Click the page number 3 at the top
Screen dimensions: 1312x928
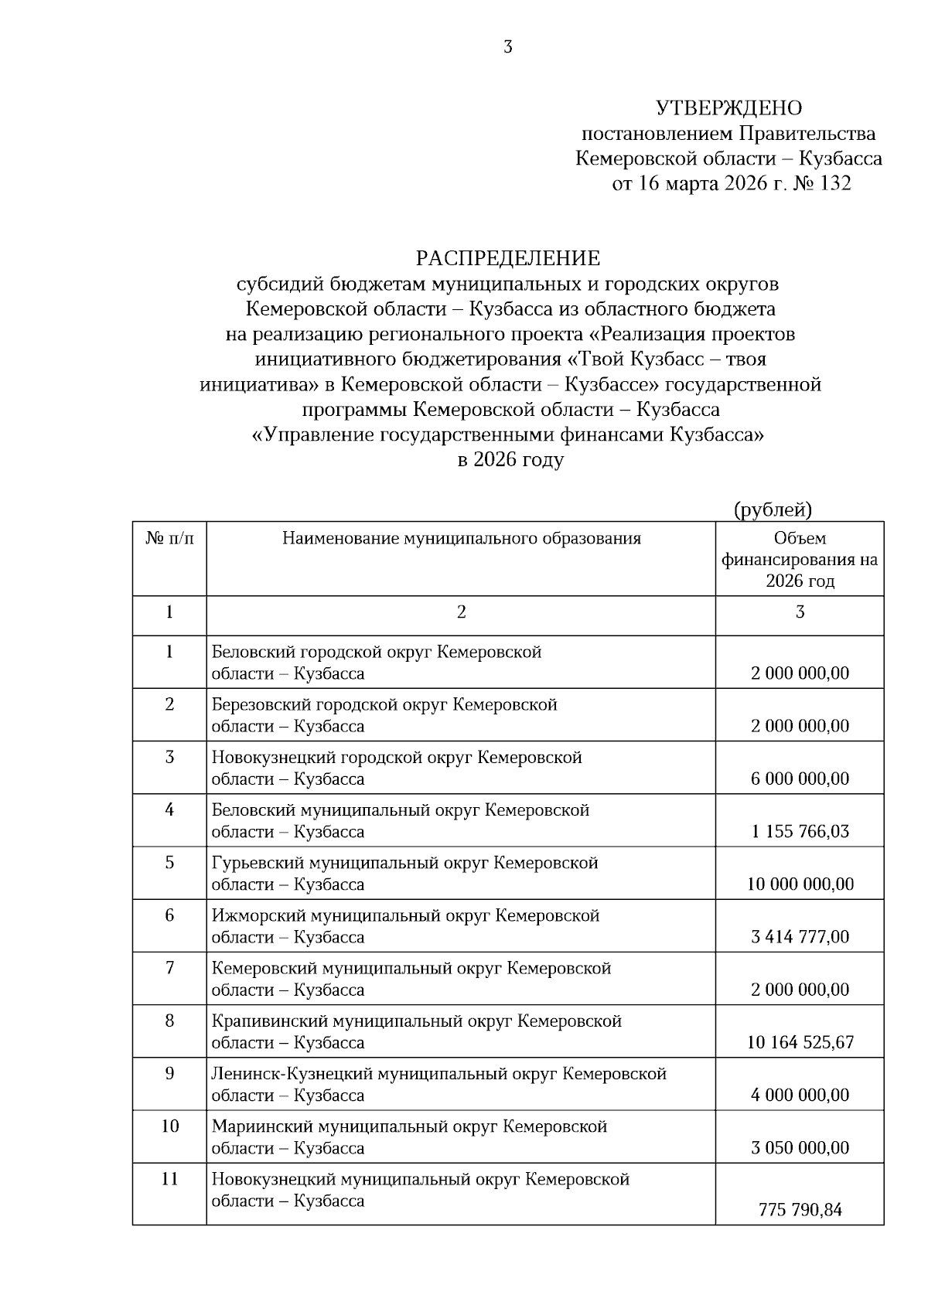pos(508,47)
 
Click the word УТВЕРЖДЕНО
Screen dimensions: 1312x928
pos(728,108)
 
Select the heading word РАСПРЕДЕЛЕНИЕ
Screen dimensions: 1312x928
pos(507,257)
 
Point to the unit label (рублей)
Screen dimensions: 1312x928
pos(772,509)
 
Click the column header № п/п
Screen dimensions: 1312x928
pos(169,538)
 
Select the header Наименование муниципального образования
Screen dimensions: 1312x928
pos(461,538)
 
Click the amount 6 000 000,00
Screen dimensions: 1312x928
pos(800,779)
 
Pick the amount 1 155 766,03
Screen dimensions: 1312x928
pos(800,831)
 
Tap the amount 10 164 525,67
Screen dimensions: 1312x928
pos(800,1042)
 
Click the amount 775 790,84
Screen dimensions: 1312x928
pos(800,1210)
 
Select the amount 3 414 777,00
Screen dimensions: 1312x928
pos(800,937)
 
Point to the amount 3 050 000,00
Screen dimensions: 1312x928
pos(800,1147)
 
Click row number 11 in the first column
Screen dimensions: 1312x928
pos(169,1179)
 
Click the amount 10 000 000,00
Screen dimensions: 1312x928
pos(800,884)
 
